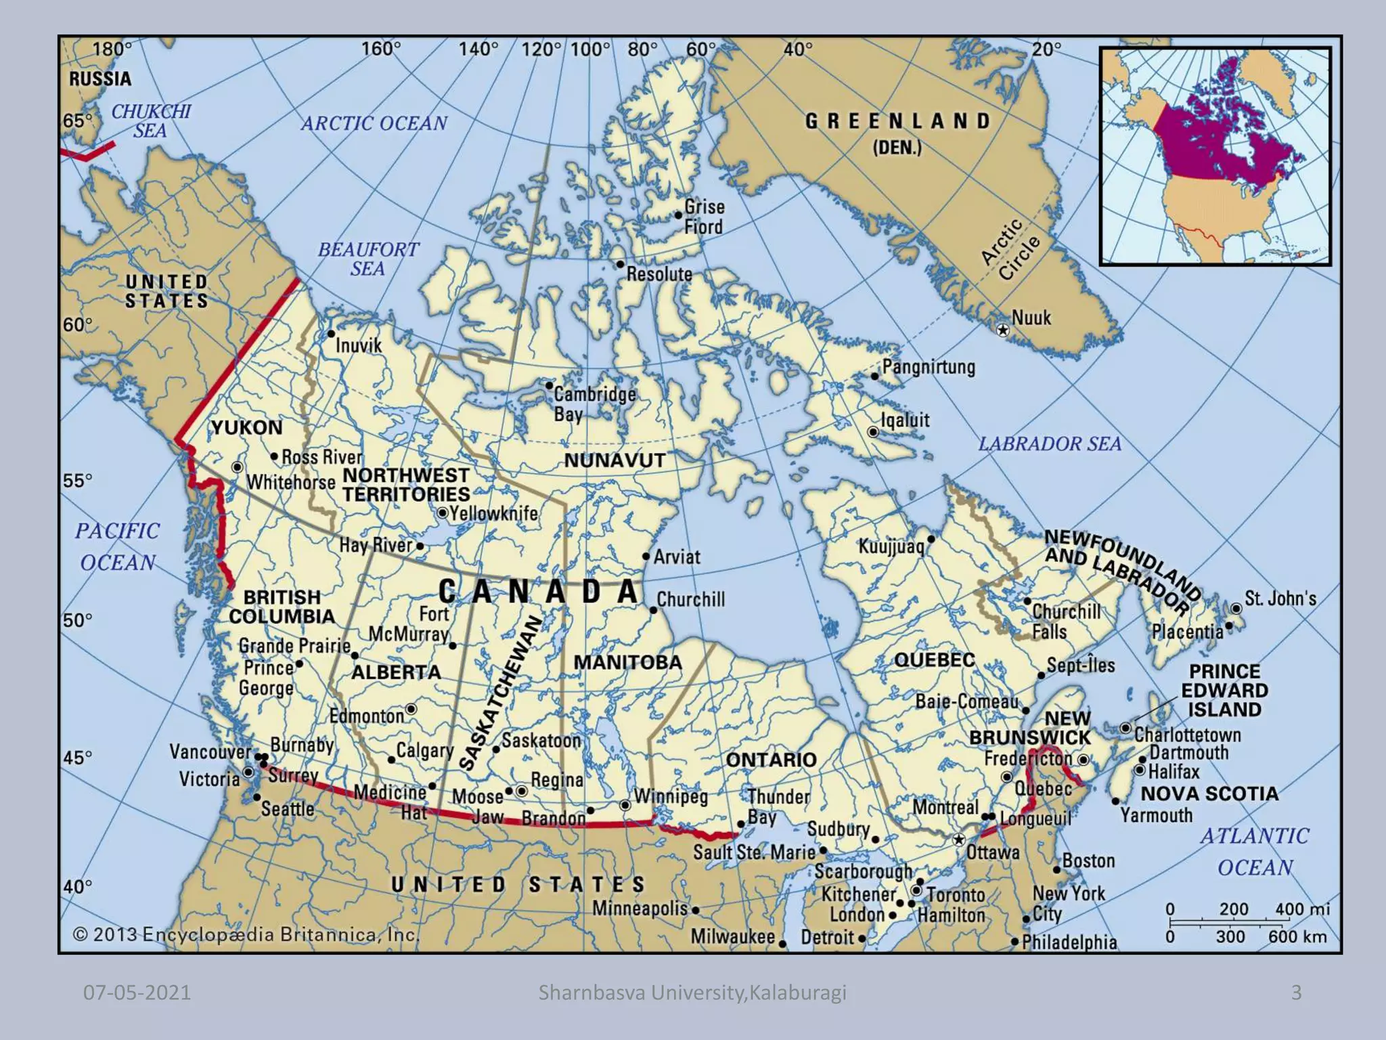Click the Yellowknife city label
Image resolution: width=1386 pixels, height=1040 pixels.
pyautogui.click(x=494, y=513)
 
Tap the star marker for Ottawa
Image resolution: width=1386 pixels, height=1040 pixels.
pyautogui.click(x=958, y=840)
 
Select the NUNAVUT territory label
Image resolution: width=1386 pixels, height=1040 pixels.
pyautogui.click(x=614, y=460)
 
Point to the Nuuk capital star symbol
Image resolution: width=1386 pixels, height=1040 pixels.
pyautogui.click(x=1003, y=330)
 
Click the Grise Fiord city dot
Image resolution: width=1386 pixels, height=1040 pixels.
pyautogui.click(x=678, y=215)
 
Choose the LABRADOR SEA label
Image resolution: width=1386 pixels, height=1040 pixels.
pyautogui.click(x=1050, y=444)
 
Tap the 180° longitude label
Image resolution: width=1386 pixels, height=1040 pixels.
pyautogui.click(x=112, y=49)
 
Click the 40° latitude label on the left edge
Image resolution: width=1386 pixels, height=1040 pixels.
pyautogui.click(x=77, y=886)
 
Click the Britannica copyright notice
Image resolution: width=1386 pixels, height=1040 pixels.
pyautogui.click(x=246, y=935)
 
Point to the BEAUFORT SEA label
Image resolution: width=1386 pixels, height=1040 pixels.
pyautogui.click(x=368, y=259)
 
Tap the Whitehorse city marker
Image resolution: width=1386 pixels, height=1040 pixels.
pyautogui.click(x=237, y=467)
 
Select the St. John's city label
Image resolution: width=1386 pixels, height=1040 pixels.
pyautogui.click(x=1280, y=599)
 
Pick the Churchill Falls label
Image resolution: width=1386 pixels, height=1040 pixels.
pyautogui.click(x=1066, y=621)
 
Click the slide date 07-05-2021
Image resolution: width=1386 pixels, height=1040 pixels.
pyautogui.click(x=137, y=993)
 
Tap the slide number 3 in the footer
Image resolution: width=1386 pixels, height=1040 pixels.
pyautogui.click(x=1296, y=993)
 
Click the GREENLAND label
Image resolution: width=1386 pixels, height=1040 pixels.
pyautogui.click(x=897, y=121)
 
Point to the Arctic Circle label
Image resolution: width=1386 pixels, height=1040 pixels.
pyautogui.click(x=1010, y=250)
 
